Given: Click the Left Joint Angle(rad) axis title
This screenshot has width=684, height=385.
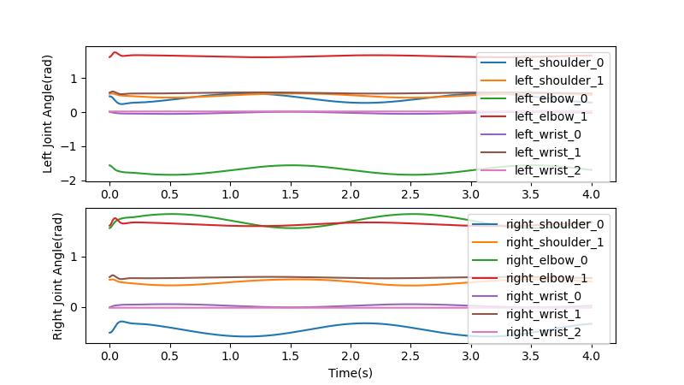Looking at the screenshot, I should point(49,115).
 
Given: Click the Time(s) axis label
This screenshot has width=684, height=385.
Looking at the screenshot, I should point(351,373).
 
